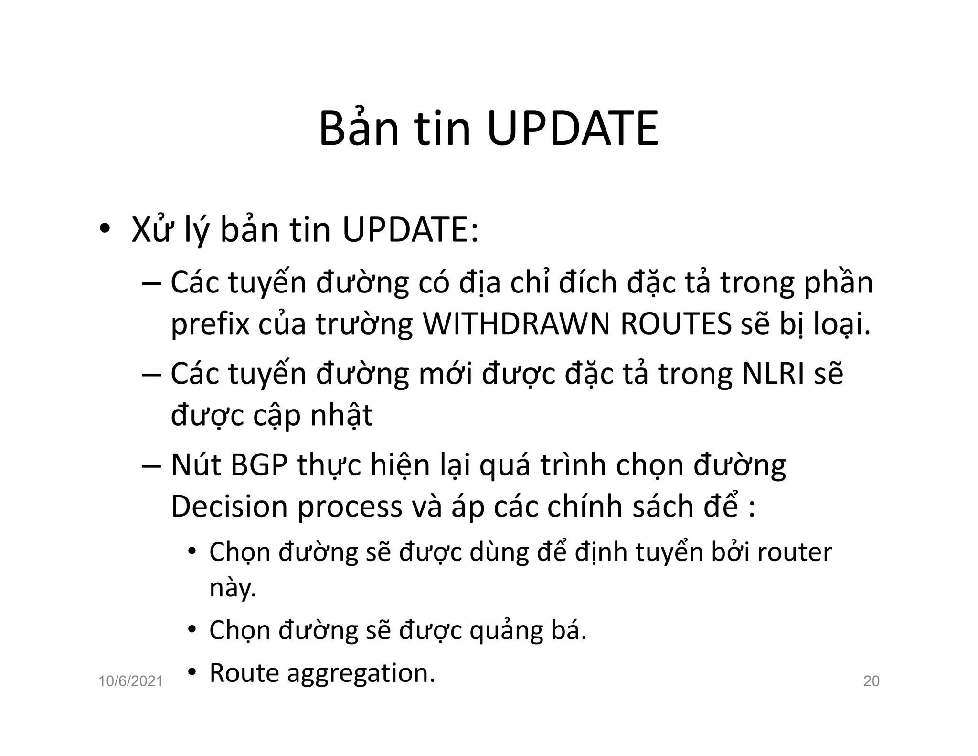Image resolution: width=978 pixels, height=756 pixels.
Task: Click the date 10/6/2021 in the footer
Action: click(x=131, y=681)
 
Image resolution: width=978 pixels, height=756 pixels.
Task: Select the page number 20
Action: click(x=872, y=681)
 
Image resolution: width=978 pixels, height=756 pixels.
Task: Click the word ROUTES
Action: click(x=676, y=324)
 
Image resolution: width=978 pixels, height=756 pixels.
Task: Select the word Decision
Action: click(x=229, y=506)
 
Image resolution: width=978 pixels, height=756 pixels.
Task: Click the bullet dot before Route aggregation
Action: click(x=192, y=672)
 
